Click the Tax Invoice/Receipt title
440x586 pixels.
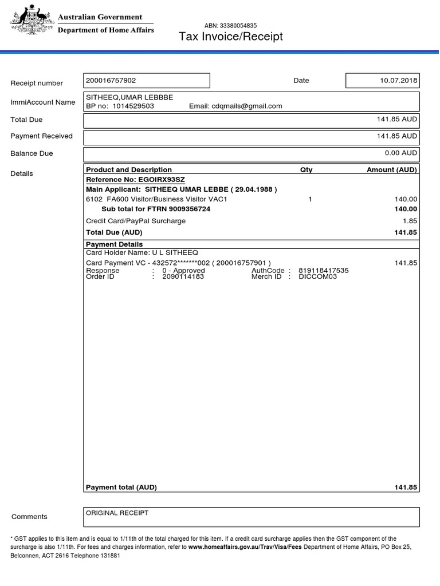231,37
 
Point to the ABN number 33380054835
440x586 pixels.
230,26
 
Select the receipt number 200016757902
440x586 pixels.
111,81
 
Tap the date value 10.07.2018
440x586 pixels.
399,81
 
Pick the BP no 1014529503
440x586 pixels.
133,106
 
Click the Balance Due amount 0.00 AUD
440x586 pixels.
401,153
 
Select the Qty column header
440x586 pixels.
307,170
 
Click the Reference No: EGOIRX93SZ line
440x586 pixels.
135,180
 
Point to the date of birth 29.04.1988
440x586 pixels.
254,189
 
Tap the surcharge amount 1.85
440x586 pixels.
410,221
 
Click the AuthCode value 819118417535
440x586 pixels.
323,271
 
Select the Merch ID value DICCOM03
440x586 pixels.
318,276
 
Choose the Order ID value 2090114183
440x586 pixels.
183,276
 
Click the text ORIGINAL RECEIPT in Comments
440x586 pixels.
117,513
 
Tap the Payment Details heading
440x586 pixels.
114,244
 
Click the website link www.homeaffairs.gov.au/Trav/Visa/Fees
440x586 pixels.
245,547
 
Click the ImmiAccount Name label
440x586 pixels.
43,102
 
